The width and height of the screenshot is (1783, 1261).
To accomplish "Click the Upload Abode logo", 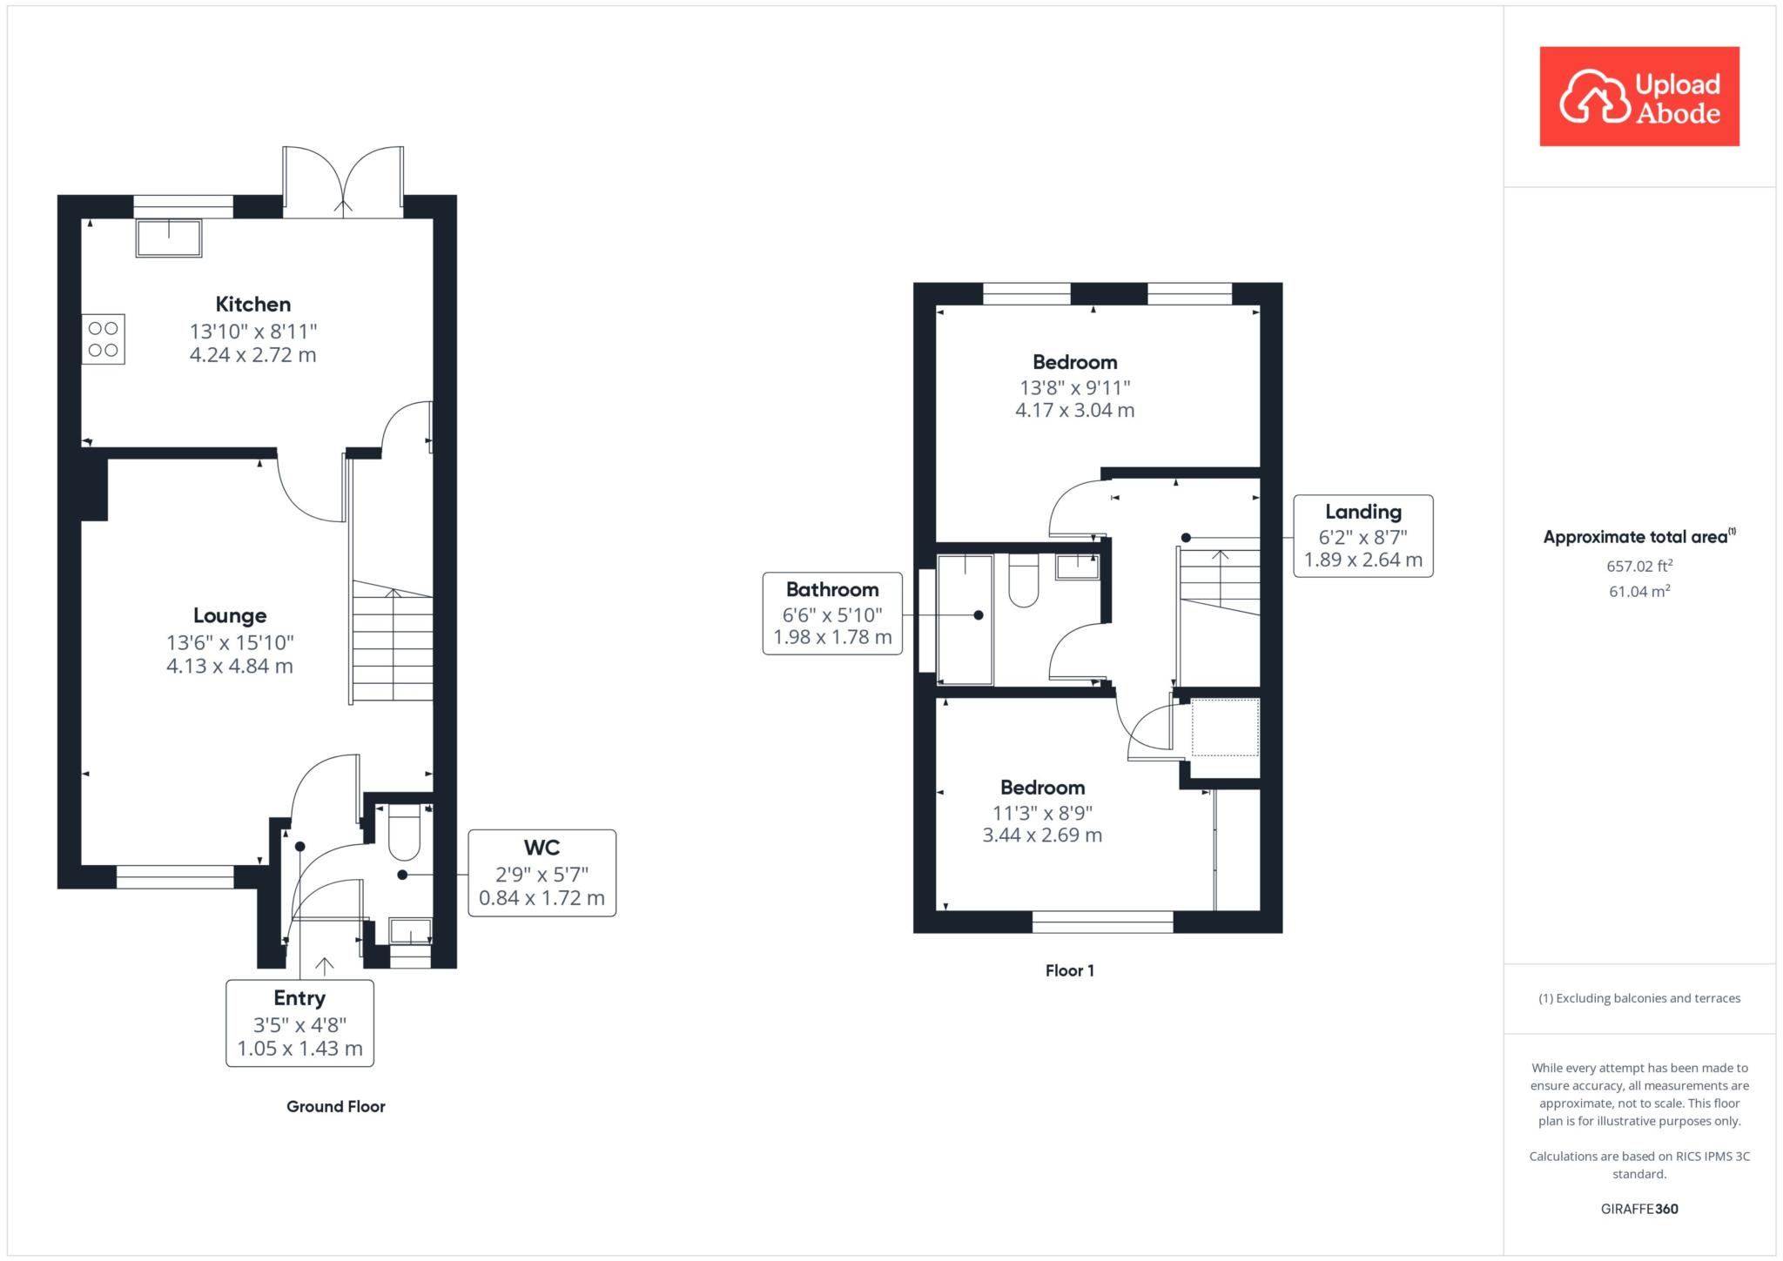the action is point(1639,97).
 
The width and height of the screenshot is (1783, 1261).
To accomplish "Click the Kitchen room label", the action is point(253,305).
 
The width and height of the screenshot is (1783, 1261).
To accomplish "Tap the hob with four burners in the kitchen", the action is point(104,339).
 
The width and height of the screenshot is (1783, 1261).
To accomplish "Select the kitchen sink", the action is point(169,238).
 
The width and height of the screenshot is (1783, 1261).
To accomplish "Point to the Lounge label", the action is point(230,616).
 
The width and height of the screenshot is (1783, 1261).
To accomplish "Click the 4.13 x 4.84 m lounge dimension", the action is point(230,667).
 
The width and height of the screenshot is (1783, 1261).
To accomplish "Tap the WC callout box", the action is point(542,873).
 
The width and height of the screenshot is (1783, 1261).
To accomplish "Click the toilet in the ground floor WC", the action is point(404,833).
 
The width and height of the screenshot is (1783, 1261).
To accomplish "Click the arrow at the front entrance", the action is point(325,966).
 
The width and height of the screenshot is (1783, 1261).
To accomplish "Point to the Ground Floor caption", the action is point(336,1107).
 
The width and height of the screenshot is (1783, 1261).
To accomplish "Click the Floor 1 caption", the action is point(1070,970).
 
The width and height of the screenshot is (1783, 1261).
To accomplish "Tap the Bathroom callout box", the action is point(832,614).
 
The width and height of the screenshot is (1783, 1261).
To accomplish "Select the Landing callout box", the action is point(1363,536).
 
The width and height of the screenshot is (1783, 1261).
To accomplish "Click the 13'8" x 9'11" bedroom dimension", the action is point(1075,387).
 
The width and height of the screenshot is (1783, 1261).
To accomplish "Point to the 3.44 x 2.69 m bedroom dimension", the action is point(1042,835).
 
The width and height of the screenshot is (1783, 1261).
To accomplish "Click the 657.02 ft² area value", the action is point(1640,566).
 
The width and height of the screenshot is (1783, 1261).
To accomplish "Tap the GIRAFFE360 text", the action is point(1639,1209).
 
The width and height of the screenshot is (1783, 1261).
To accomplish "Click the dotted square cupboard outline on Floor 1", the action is point(1225,727).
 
